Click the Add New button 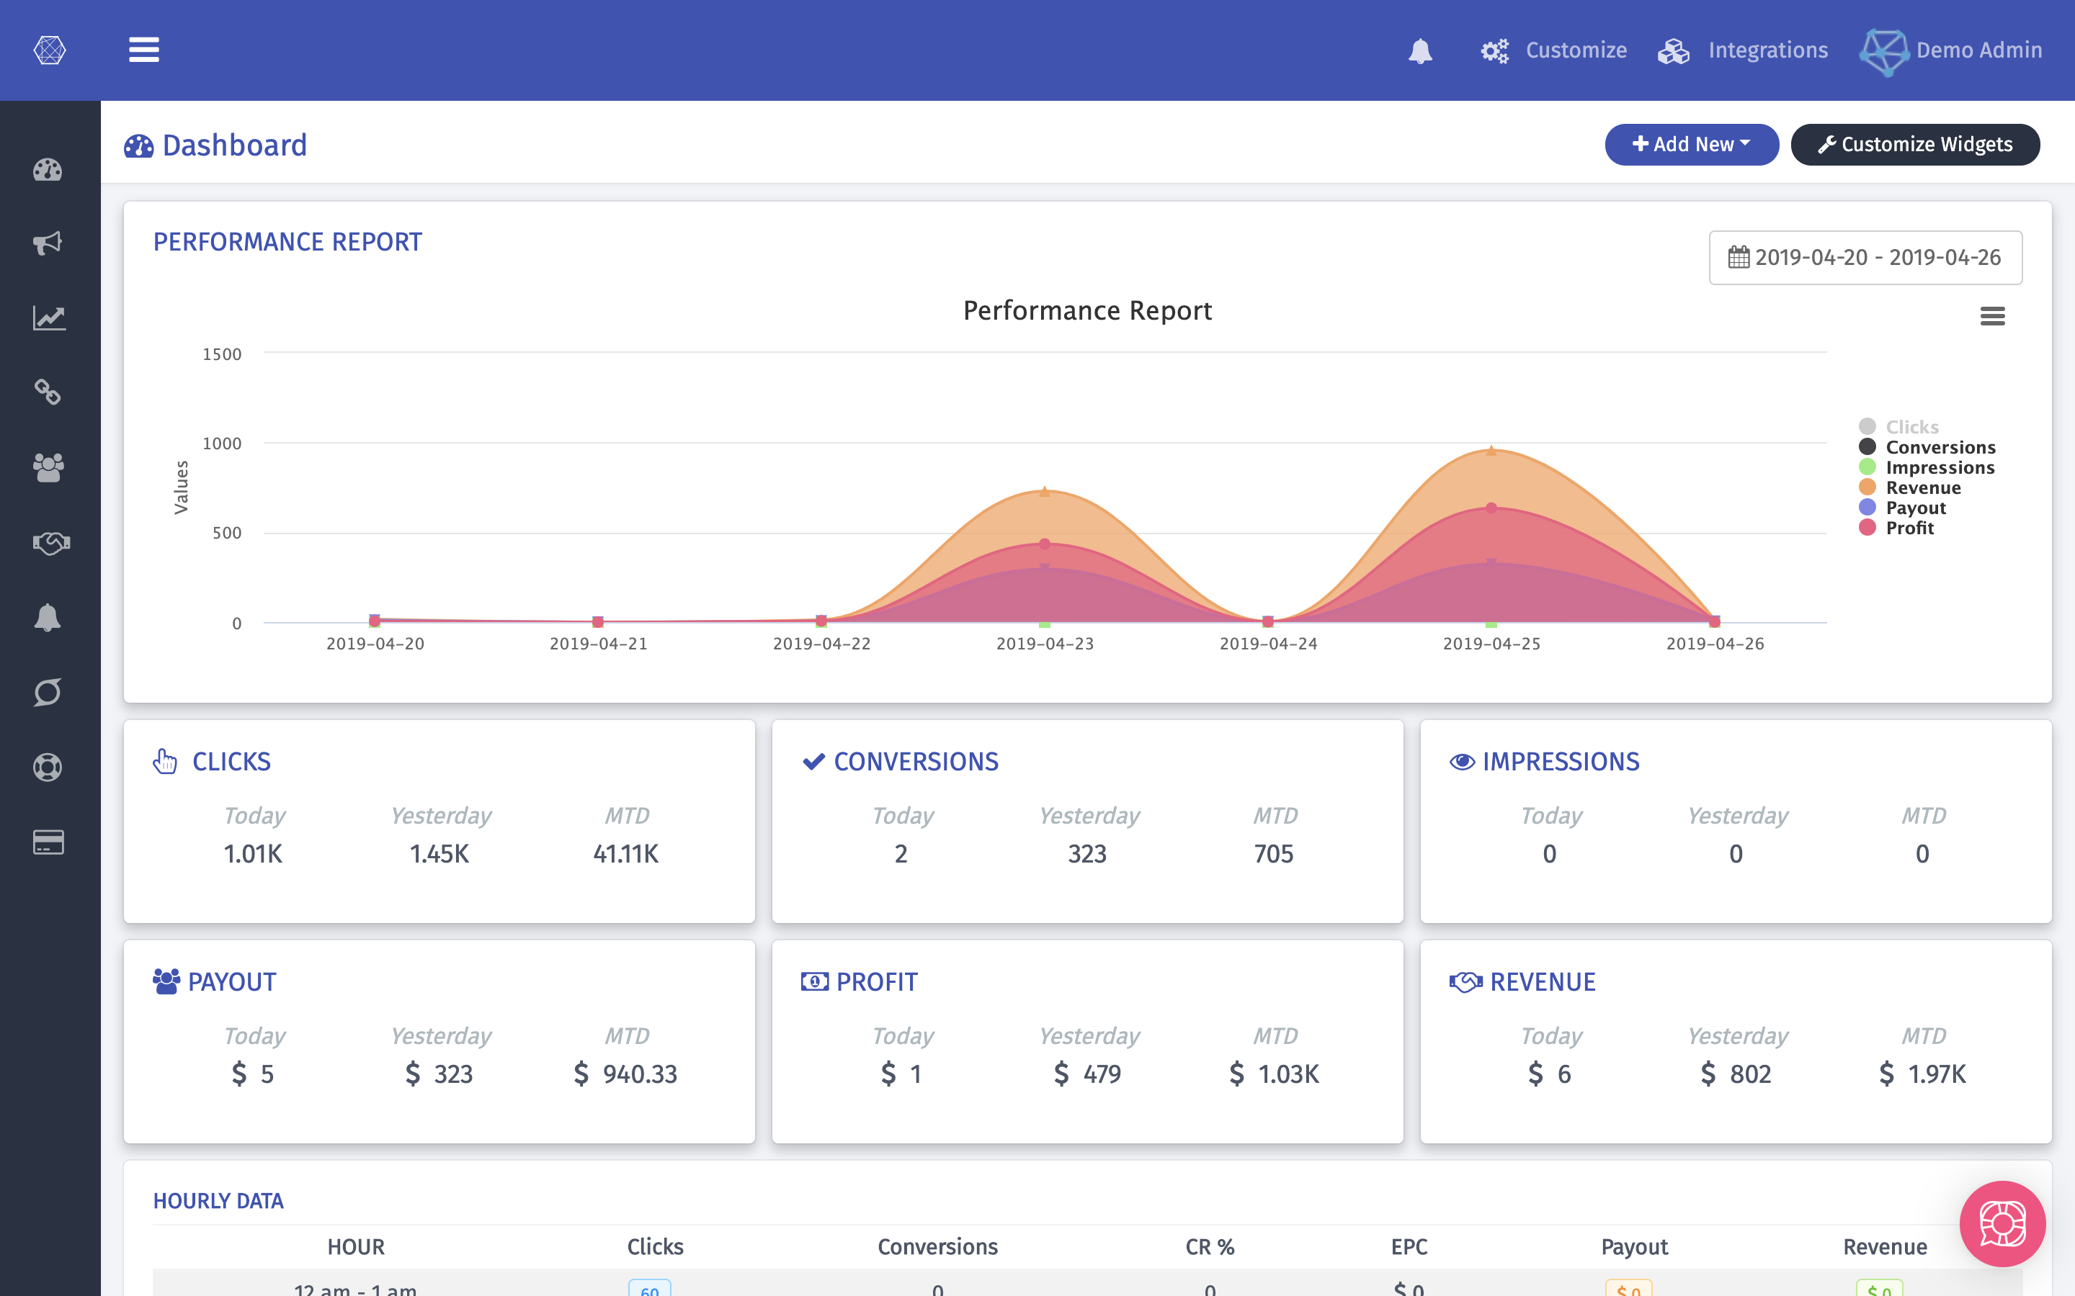[1691, 144]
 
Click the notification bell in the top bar [1420, 50]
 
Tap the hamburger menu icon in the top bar [144, 50]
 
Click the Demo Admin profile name [1978, 50]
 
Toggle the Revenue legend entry [1922, 487]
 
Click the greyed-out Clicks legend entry [1911, 427]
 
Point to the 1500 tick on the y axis [221, 354]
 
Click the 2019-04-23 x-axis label [1045, 644]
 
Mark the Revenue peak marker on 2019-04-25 [1491, 451]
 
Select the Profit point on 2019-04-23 [1045, 544]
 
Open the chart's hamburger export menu [1992, 316]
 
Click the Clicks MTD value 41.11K [625, 854]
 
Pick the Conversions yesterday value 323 [1086, 854]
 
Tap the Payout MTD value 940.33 [639, 1074]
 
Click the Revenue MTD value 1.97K [1936, 1074]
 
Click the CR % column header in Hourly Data [1209, 1246]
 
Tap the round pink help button [2002, 1223]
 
